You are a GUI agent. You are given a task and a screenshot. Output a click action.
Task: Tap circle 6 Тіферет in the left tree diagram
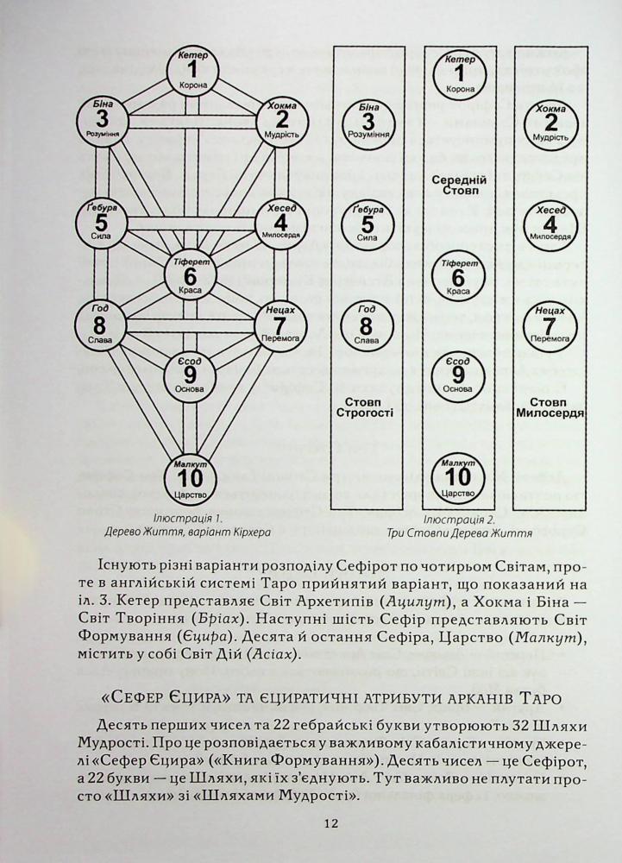tap(190, 276)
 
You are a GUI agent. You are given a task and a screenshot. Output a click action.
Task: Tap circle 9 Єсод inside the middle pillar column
tap(458, 376)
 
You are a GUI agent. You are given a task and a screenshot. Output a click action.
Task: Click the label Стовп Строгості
tap(366, 406)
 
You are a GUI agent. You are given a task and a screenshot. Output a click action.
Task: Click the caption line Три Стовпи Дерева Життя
tap(460, 533)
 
